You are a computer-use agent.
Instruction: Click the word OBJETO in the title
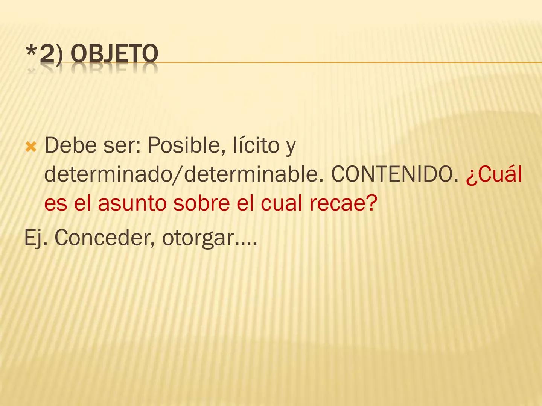(x=114, y=53)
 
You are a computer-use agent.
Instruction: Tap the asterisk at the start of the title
(x=31, y=52)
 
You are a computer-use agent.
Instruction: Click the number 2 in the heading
(x=47, y=53)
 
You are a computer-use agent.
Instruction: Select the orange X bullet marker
(x=31, y=147)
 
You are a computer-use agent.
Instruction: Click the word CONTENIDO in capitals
(x=392, y=174)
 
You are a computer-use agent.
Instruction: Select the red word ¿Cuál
(x=494, y=174)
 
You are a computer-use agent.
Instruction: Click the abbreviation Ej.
(x=36, y=238)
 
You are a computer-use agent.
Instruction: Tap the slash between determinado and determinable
(x=178, y=175)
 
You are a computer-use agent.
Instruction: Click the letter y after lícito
(x=291, y=147)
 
